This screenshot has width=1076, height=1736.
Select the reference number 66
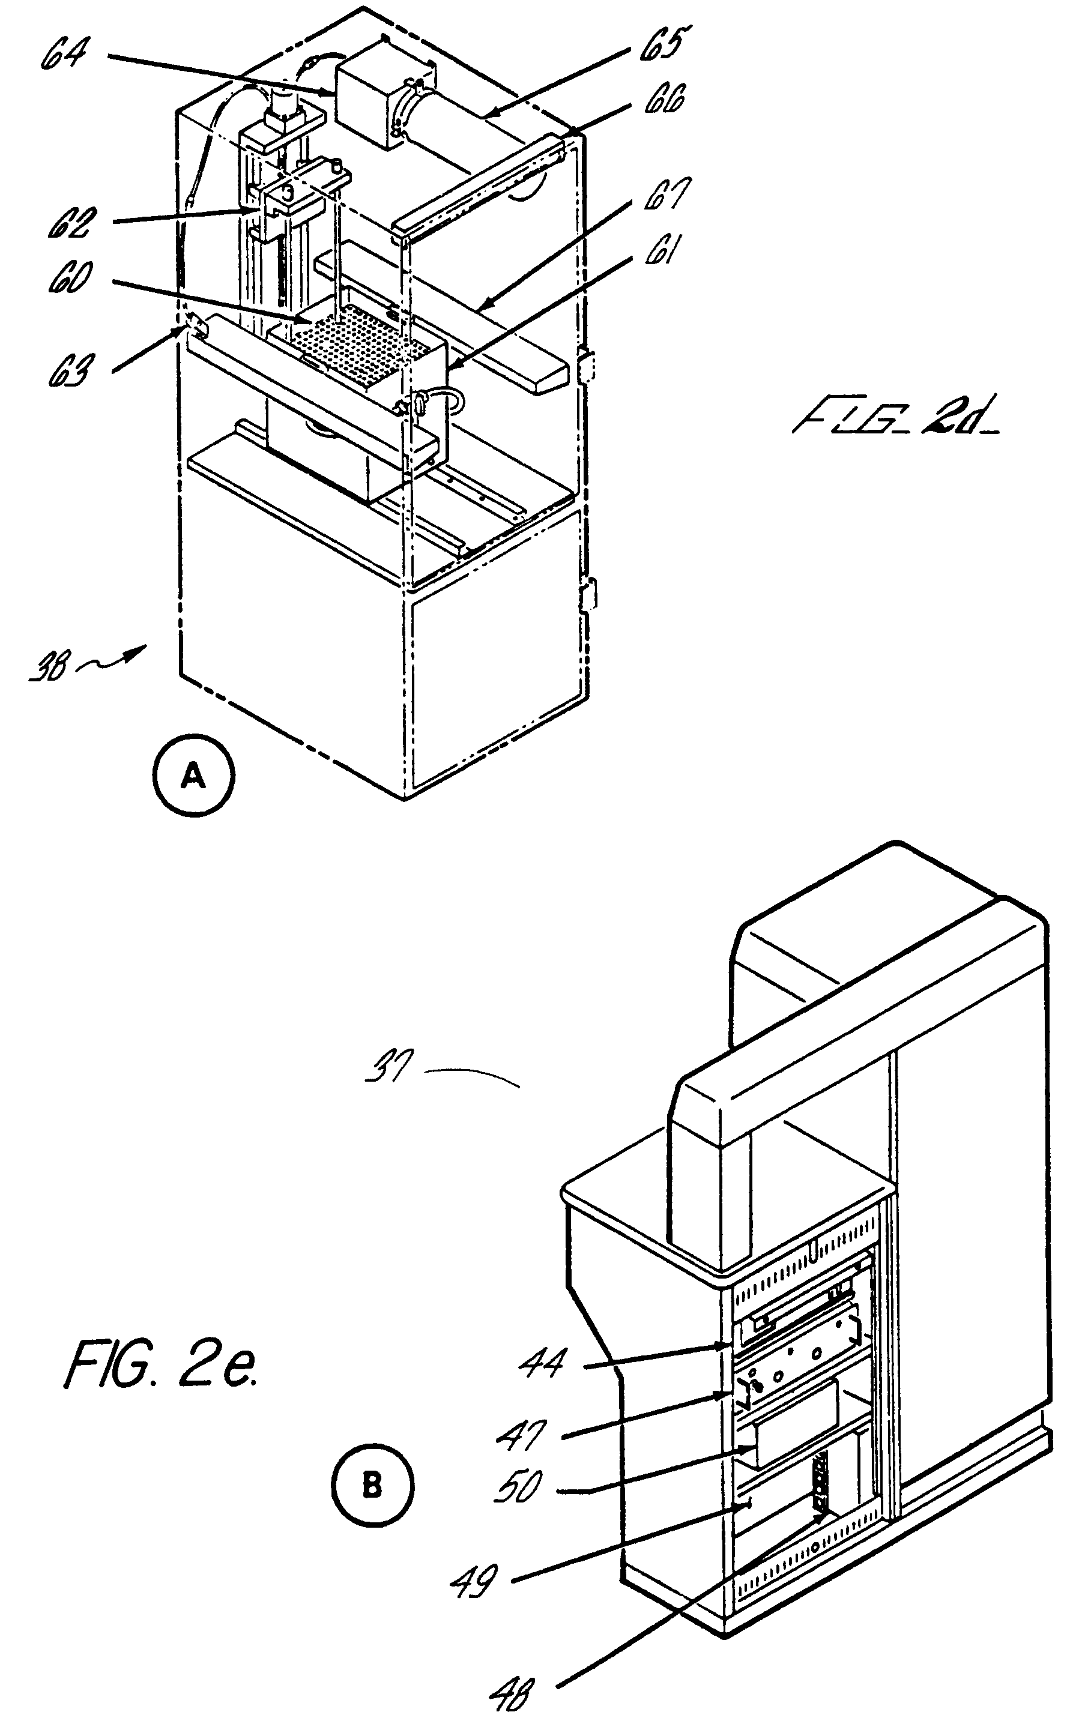[663, 100]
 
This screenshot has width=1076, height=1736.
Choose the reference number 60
[70, 277]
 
